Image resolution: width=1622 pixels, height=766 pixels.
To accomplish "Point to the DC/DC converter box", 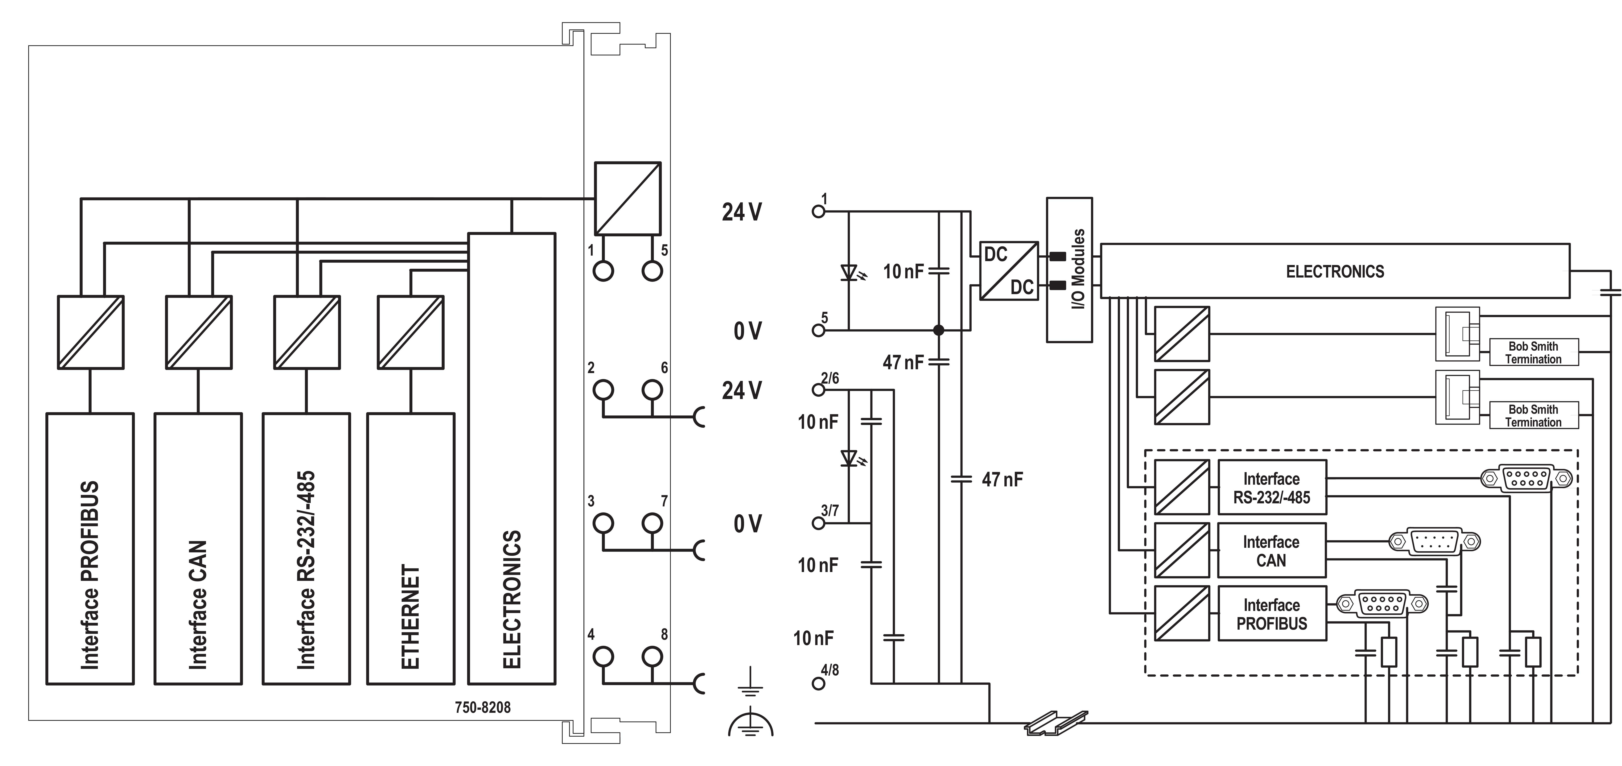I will pyautogui.click(x=1009, y=271).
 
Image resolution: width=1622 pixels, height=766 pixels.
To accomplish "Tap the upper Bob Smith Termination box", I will pyautogui.click(x=1533, y=352).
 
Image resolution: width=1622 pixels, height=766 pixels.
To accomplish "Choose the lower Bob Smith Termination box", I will pyautogui.click(x=1533, y=415).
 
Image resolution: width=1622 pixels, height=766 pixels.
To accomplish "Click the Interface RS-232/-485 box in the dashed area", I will pyautogui.click(x=1271, y=488).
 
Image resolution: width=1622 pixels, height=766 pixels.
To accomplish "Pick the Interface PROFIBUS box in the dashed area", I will pyautogui.click(x=1271, y=614).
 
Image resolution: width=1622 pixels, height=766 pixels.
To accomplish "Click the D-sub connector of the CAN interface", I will pyautogui.click(x=1434, y=541).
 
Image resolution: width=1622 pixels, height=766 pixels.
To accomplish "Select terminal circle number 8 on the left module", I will pyautogui.click(x=652, y=657).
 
